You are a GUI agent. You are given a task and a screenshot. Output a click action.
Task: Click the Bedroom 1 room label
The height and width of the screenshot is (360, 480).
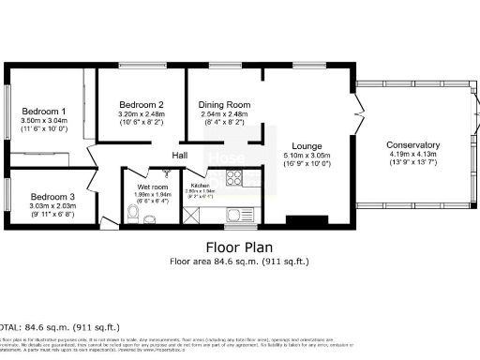(43, 112)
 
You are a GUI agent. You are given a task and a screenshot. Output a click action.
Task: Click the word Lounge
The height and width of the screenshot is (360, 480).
(307, 146)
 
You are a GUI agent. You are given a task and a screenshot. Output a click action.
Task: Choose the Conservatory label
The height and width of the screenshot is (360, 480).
(412, 145)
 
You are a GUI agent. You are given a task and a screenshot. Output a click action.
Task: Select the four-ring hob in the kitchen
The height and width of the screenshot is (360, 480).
(229, 178)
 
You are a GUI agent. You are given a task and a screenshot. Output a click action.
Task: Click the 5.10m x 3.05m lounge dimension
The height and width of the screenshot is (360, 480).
(307, 157)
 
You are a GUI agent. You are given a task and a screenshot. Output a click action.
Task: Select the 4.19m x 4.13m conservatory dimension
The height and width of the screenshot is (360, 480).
(412, 157)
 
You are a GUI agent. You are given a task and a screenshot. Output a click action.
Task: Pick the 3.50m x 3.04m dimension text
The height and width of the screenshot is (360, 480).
(43, 122)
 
